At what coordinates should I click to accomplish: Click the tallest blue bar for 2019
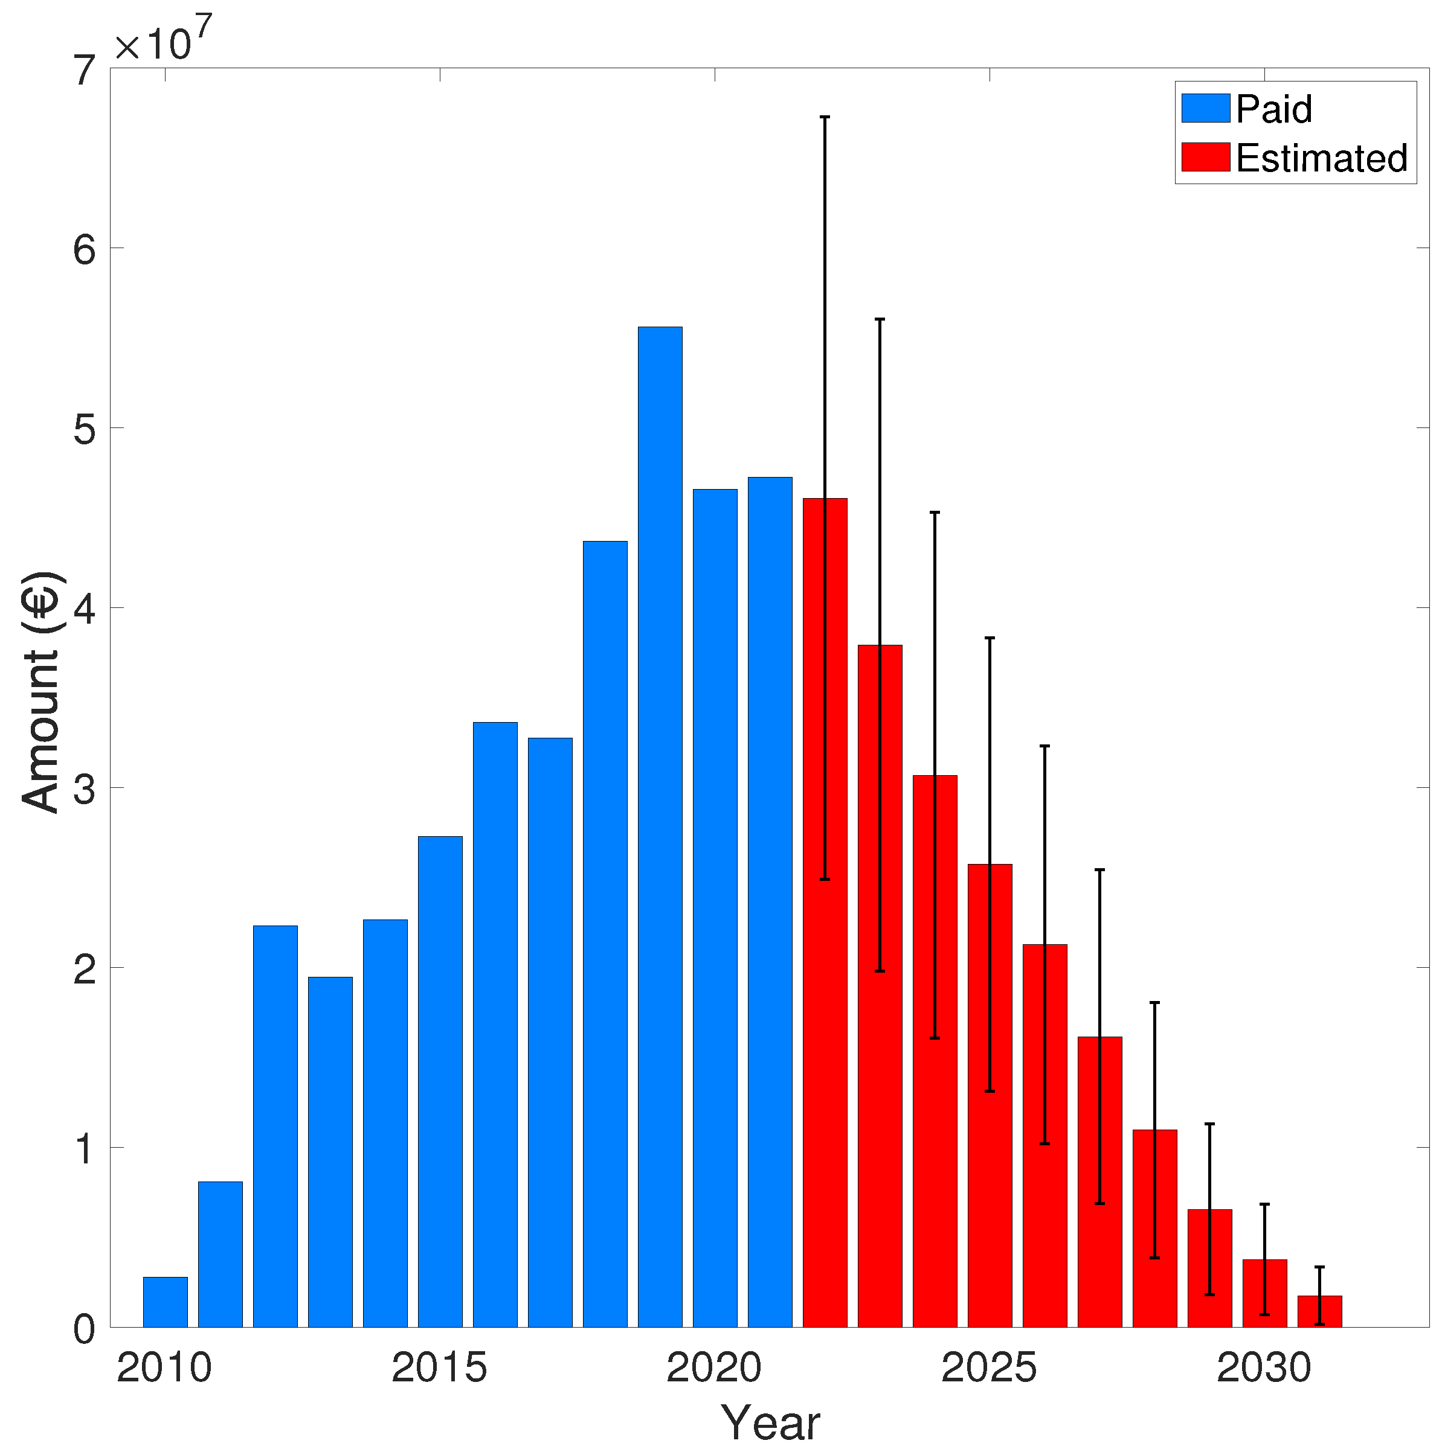click(x=660, y=827)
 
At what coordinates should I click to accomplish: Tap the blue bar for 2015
click(x=440, y=1083)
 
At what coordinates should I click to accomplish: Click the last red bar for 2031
click(x=1319, y=1312)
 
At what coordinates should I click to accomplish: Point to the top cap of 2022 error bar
click(x=825, y=117)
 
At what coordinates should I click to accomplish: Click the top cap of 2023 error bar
click(x=880, y=319)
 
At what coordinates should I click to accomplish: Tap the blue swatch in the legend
click(x=1205, y=108)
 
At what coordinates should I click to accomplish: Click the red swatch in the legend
click(x=1205, y=157)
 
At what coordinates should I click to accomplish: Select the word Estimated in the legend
click(x=1321, y=158)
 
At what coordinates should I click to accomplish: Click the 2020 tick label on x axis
click(x=714, y=1368)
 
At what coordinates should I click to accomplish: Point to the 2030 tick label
click(x=1264, y=1368)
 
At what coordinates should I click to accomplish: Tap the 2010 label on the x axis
click(x=165, y=1368)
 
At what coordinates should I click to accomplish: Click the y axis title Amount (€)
click(x=40, y=691)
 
